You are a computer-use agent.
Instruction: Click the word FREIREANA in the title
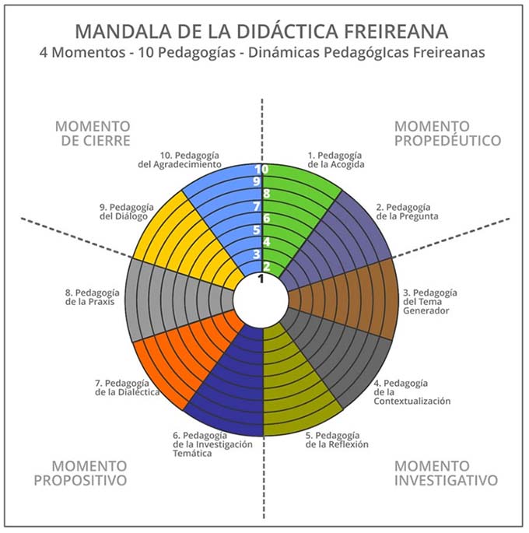point(396,31)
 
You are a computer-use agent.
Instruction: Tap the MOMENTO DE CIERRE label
point(93,134)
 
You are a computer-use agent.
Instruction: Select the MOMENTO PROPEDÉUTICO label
point(448,134)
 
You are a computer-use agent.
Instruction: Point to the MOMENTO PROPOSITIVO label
point(81,473)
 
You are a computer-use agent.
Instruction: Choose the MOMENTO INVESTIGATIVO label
point(446,473)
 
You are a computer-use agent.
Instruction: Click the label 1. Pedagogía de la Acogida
point(336,160)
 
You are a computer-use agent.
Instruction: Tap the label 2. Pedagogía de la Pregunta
point(407,212)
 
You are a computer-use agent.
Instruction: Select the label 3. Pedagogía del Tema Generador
point(430,302)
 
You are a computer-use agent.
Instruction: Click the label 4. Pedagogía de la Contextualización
point(412,392)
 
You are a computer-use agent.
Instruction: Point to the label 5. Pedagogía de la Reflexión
point(337,440)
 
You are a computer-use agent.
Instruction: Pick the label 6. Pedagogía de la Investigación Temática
point(212,444)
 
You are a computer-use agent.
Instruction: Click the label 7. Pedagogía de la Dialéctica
point(127,387)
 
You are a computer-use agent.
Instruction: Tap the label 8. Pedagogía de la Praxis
point(93,297)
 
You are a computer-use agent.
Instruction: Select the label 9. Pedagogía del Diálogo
point(127,212)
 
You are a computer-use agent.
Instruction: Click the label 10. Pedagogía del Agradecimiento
point(180,160)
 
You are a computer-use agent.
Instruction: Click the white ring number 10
point(261,170)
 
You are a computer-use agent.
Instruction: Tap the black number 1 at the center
point(261,279)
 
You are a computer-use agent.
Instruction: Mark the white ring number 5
point(257,230)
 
